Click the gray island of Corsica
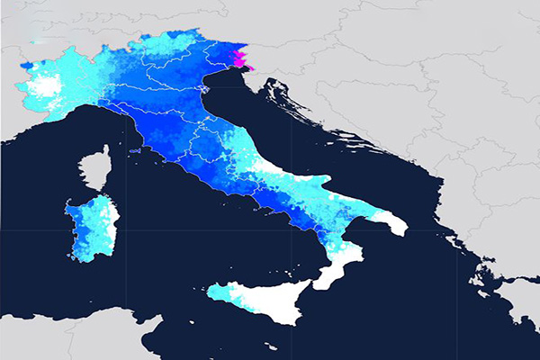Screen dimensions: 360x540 point(92,172)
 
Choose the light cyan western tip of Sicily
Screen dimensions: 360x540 point(219,292)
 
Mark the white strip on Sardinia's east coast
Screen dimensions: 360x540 point(112,225)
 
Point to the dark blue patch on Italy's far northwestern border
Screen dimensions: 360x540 point(26,66)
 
